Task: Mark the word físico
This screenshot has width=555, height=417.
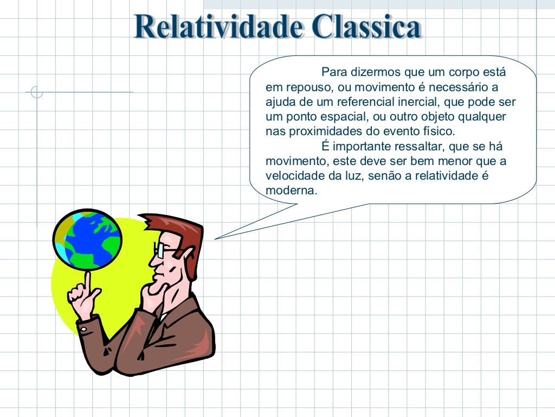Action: coord(441,131)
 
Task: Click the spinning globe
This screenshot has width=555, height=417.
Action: coord(87,239)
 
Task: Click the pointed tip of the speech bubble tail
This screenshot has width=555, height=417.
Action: coord(216,238)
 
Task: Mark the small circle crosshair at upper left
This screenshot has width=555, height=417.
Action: coord(37,92)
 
